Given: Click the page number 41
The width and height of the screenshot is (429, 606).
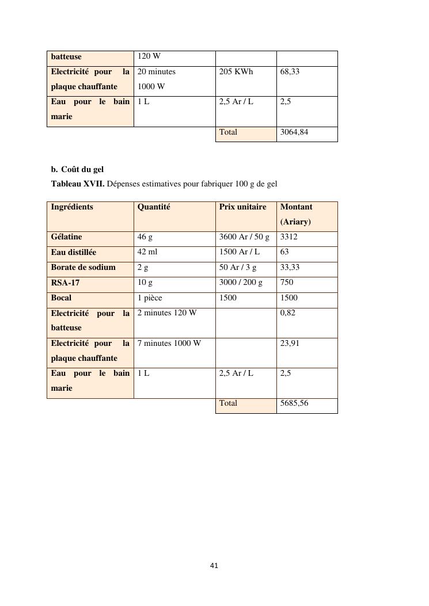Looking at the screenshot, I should point(214,566).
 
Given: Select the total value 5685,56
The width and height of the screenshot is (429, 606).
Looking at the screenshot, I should point(294,403).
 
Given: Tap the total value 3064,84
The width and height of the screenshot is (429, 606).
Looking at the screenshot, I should point(294,132).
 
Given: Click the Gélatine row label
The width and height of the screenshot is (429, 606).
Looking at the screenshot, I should point(66,237).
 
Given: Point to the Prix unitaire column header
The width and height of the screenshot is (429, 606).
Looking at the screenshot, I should point(242,207).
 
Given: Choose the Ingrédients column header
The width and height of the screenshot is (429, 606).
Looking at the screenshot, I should point(72,207).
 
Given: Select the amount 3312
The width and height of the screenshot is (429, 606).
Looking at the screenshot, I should point(289,237).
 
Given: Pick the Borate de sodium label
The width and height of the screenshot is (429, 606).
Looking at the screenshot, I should point(83,268).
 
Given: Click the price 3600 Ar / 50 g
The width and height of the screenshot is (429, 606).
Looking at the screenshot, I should point(244,237).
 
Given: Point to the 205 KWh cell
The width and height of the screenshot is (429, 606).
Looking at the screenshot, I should point(236,72).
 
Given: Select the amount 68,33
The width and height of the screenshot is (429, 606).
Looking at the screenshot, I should point(290,72).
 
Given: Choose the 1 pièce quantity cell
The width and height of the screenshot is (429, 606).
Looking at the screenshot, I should point(151,298).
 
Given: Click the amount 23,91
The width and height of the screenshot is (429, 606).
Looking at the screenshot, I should point(290,344).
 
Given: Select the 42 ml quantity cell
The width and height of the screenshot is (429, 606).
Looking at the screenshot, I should point(147,252).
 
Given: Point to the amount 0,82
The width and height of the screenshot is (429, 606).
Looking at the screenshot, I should point(287,313).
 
